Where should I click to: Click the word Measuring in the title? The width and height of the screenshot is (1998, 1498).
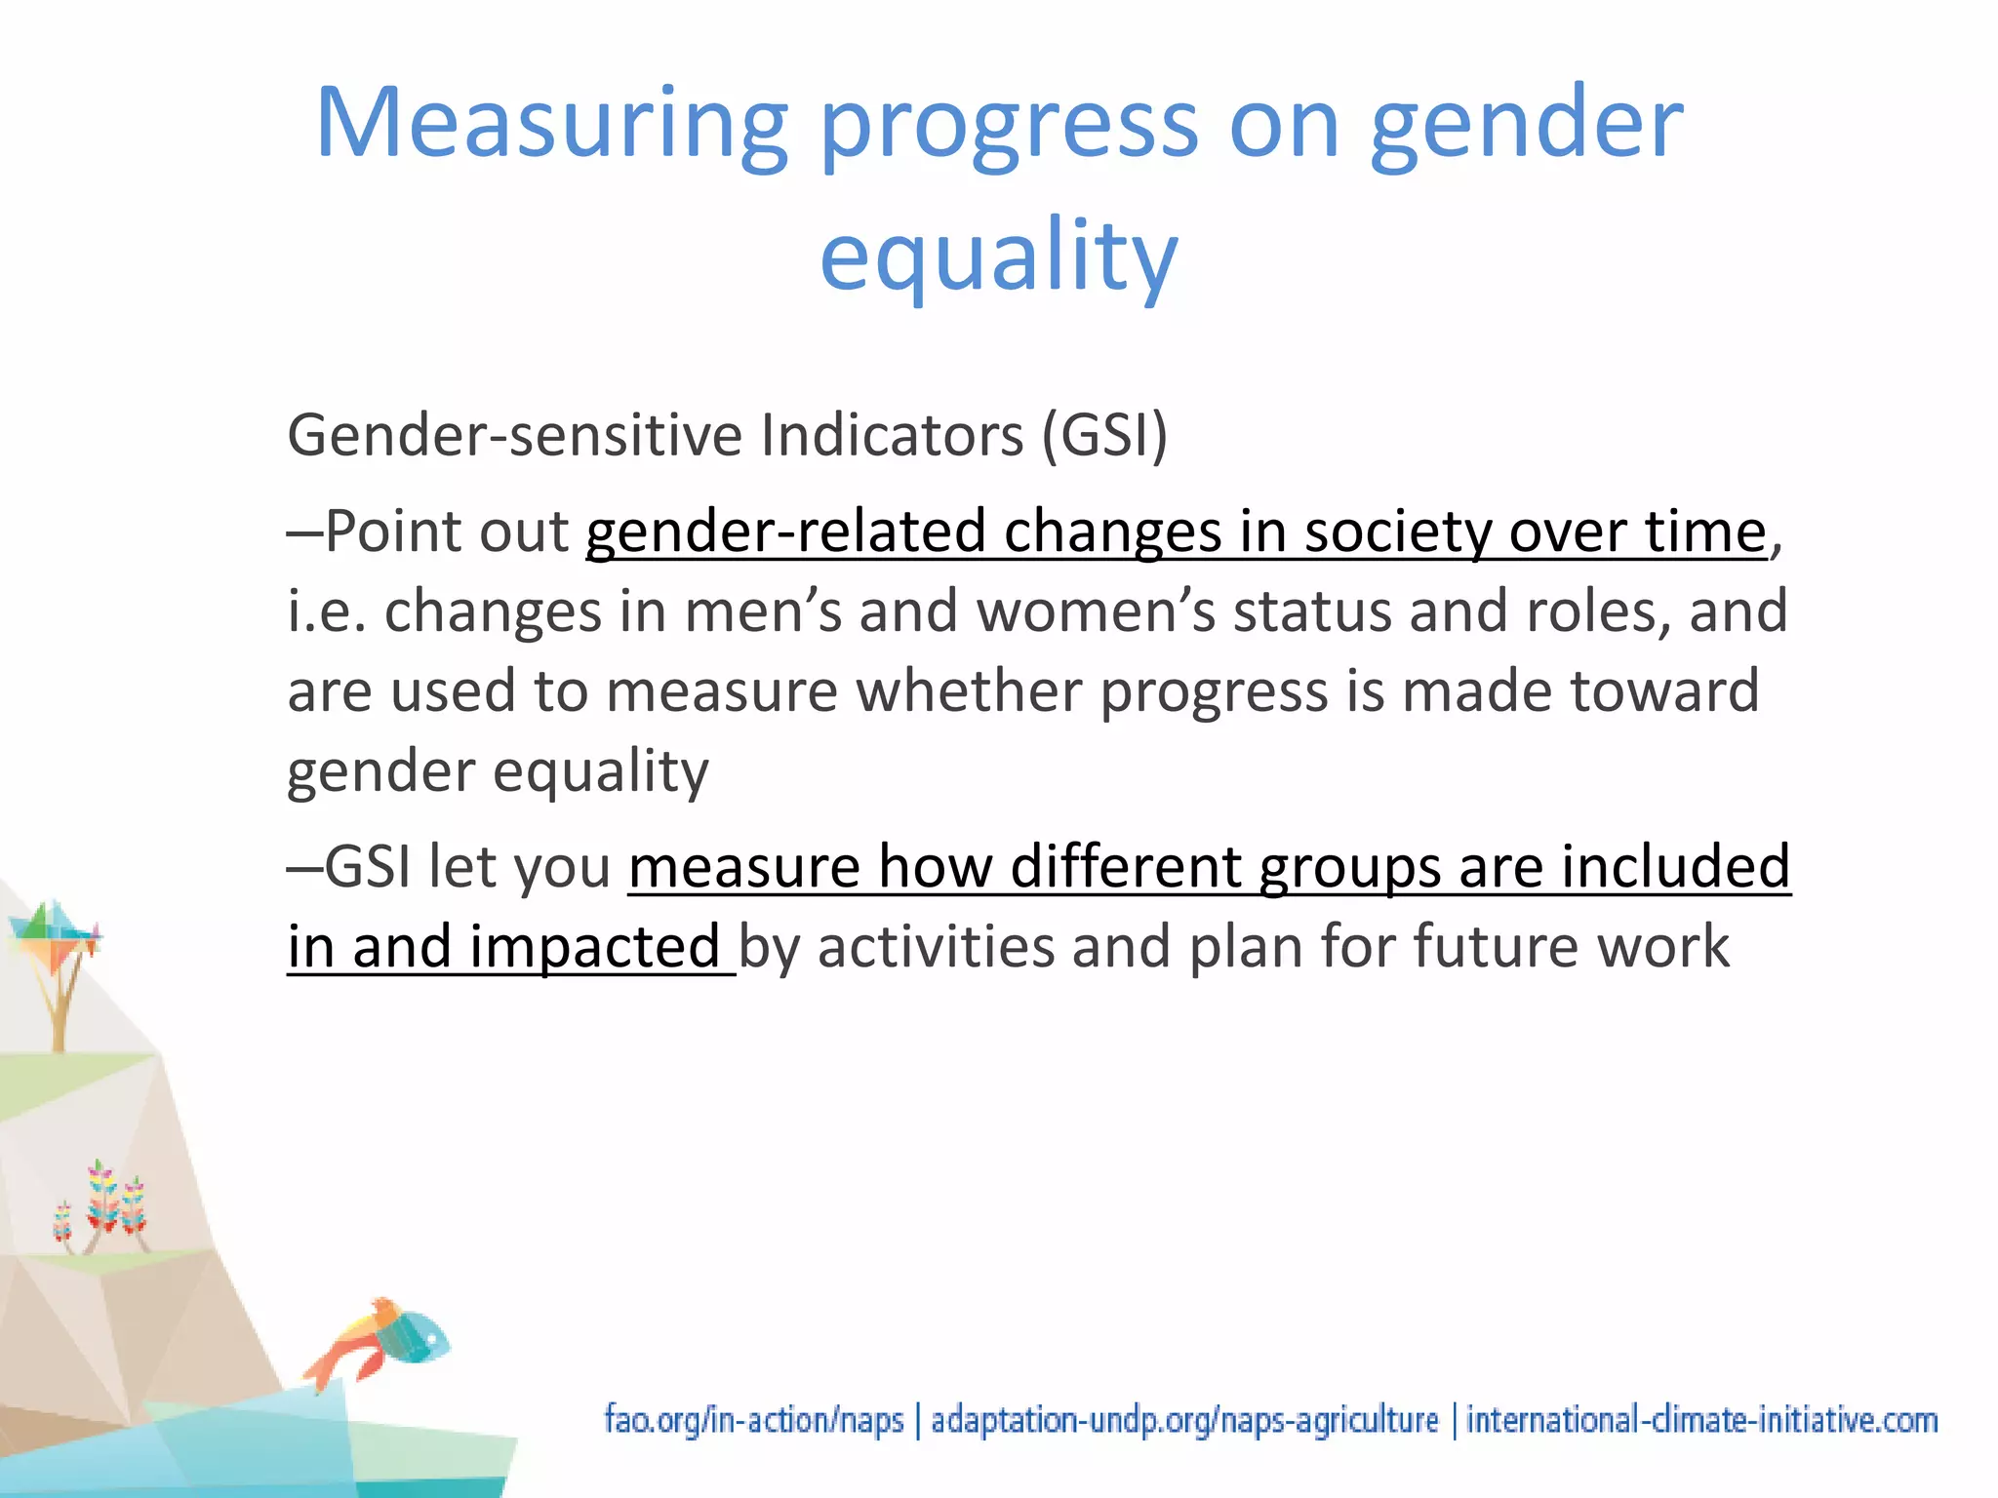coord(551,124)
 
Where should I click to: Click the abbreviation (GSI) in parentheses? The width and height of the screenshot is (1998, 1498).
coord(1103,435)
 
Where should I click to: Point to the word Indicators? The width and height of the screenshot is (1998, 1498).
coord(892,435)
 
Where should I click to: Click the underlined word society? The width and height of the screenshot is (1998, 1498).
coord(1396,532)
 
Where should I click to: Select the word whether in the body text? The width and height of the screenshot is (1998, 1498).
coord(970,692)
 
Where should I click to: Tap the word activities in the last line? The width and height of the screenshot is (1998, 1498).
coord(936,947)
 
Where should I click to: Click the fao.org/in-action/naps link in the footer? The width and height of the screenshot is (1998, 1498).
coord(753,1420)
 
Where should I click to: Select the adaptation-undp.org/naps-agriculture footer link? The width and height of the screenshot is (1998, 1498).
coord(1183,1420)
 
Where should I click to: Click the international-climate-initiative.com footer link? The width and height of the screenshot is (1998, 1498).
coord(1701,1420)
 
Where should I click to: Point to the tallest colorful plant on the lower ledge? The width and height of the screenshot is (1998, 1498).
coord(101,1200)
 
